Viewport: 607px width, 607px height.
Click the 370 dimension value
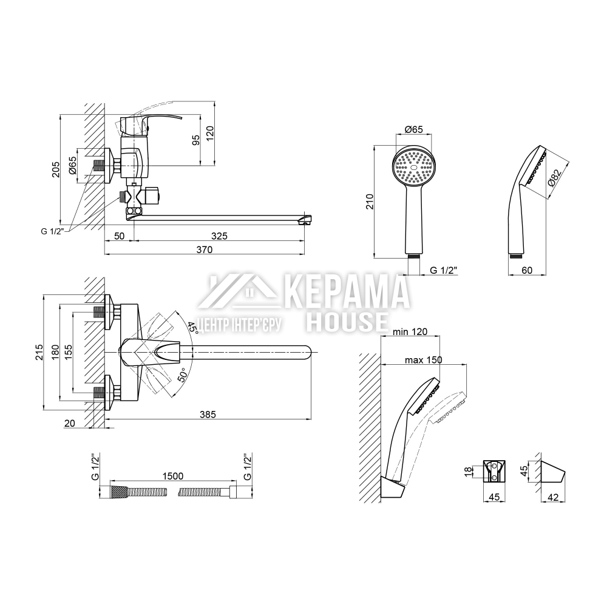click(x=204, y=249)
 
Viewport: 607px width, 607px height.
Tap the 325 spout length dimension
click(x=219, y=236)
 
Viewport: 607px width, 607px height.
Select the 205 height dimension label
click(x=56, y=169)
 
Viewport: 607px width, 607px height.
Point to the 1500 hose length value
click(x=172, y=476)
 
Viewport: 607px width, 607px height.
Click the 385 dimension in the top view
click(x=208, y=414)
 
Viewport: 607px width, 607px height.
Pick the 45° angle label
click(x=193, y=328)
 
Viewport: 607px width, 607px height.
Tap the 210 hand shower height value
click(x=370, y=202)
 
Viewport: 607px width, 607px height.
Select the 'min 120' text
click(x=410, y=332)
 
